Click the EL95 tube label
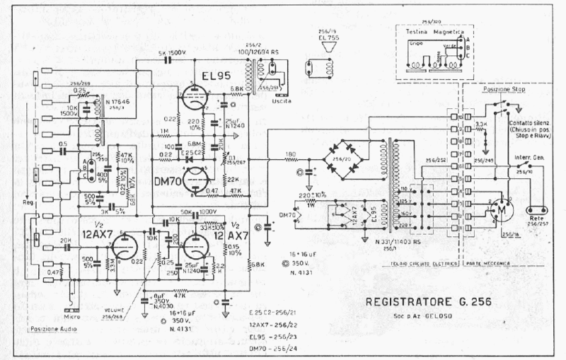pos(212,74)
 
